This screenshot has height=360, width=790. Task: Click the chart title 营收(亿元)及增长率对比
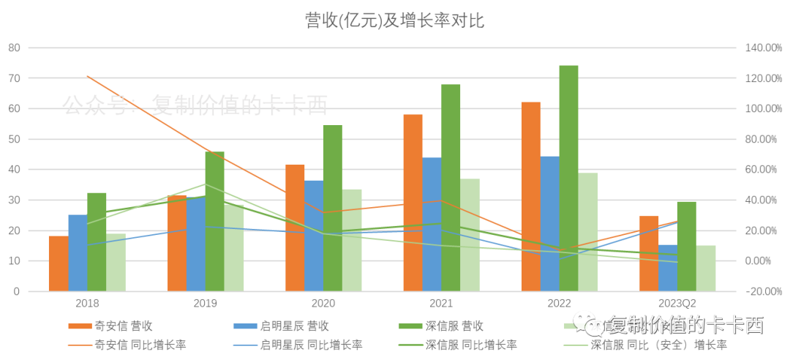394,20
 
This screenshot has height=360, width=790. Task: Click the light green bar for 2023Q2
706,268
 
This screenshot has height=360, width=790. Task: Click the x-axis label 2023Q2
677,302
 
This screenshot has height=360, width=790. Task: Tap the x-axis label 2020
323,302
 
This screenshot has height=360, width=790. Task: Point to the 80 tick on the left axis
13,48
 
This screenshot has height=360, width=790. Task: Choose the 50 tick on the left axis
13,139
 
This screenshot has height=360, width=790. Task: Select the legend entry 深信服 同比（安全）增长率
658,345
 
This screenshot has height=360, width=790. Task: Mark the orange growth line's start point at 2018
87,76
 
